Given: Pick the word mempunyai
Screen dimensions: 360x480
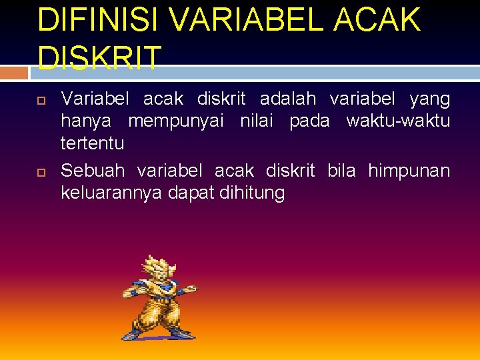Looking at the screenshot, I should tap(177, 121).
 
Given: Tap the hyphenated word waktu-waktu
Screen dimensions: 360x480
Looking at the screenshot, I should tap(398, 121).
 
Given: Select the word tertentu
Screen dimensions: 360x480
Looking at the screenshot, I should tap(92, 143).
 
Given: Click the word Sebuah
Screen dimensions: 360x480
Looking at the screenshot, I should tap(93, 171).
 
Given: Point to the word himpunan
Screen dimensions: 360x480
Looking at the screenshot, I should tap(409, 171).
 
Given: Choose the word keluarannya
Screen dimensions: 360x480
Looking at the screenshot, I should tap(105, 193).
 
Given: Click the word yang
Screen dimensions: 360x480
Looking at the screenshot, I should tap(429, 99).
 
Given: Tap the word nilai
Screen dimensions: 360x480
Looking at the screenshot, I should tap(257, 121).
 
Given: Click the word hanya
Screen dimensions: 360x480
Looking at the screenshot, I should tap(86, 121).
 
